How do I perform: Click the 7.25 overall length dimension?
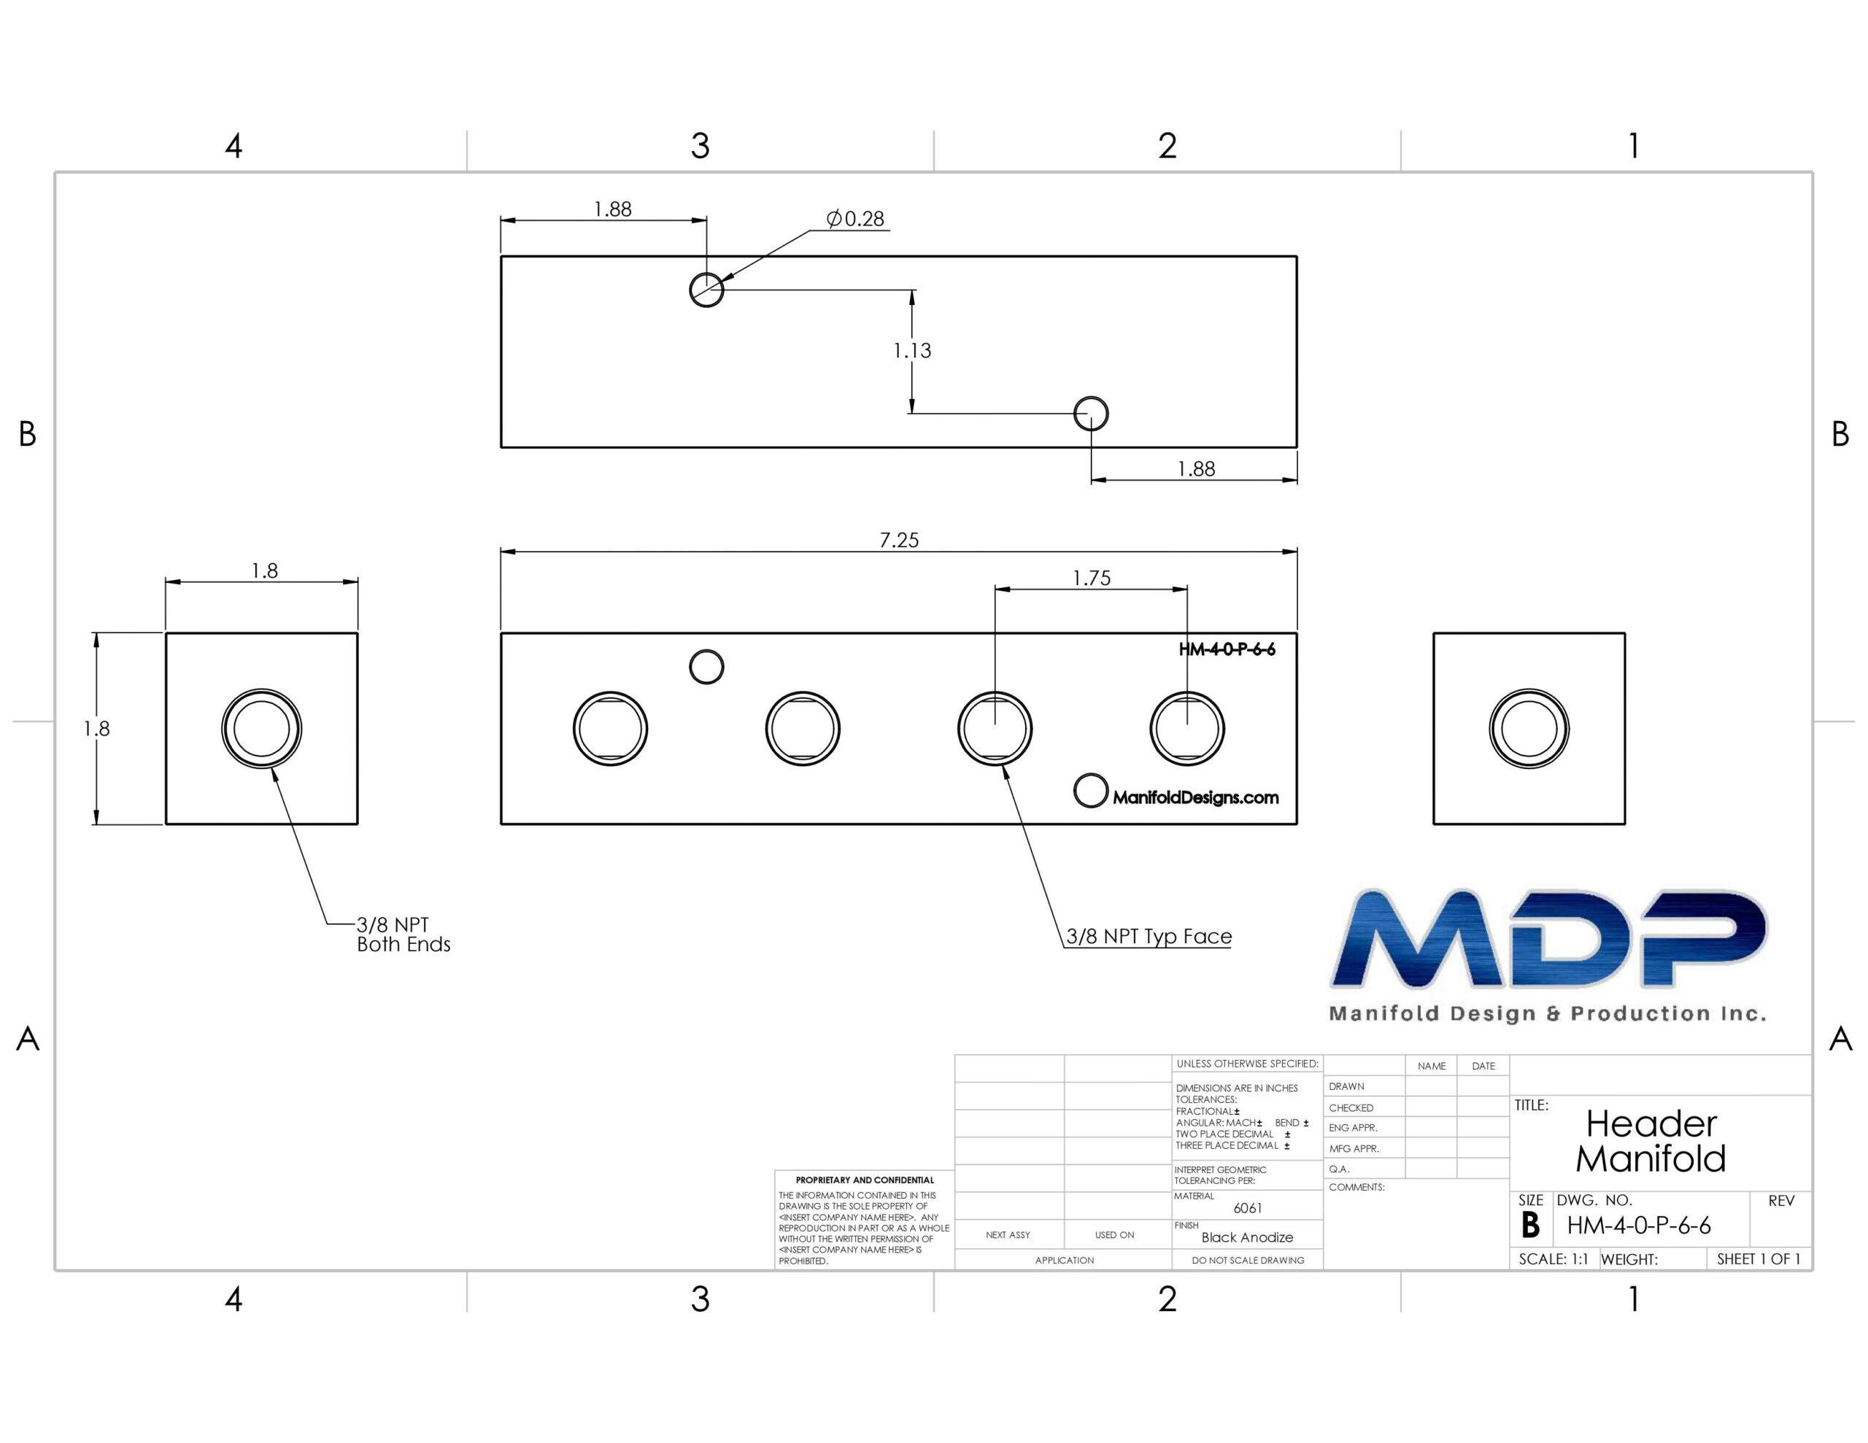(899, 540)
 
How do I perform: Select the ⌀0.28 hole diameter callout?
(855, 219)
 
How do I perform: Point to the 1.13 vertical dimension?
(912, 351)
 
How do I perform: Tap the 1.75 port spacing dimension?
(1092, 579)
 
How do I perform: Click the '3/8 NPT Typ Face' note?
(1149, 937)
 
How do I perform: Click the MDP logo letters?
(1548, 938)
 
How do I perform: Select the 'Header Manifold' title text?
(1651, 1141)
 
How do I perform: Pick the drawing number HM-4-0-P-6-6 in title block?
(1639, 1226)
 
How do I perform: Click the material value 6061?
(1248, 1209)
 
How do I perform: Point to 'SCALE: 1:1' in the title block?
(1554, 1260)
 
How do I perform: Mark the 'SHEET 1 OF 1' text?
(1759, 1259)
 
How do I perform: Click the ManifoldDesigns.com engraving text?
(1196, 798)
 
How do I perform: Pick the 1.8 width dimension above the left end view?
(264, 570)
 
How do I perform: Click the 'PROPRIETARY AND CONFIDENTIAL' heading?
(865, 1180)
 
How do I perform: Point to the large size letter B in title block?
(1530, 1226)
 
